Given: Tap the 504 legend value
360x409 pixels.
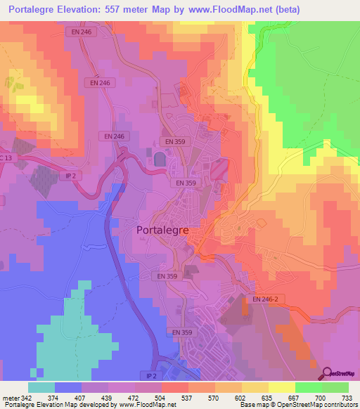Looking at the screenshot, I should pos(162,397).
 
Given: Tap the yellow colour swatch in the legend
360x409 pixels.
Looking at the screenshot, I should pos(282,387).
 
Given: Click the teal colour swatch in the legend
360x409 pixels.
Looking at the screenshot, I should pos(41,387).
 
